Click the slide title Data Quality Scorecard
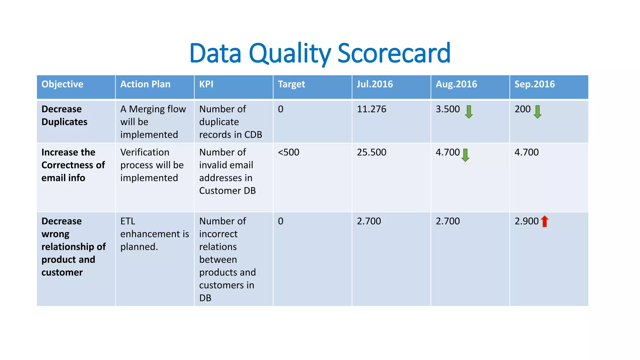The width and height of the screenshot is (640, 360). (x=320, y=53)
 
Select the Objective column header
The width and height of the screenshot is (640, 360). (x=62, y=84)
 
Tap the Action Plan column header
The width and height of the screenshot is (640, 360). (x=145, y=84)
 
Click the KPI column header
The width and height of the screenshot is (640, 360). (x=206, y=84)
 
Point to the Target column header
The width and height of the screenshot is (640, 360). (x=291, y=84)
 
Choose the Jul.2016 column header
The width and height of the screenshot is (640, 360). (x=375, y=84)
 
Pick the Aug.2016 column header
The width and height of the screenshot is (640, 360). (x=456, y=84)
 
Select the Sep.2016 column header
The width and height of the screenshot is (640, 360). (x=534, y=84)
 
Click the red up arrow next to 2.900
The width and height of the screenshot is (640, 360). (x=545, y=221)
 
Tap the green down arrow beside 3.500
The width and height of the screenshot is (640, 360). (x=469, y=112)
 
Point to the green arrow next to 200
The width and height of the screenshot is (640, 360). (x=537, y=112)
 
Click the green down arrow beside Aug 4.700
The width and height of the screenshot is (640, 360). (x=465, y=155)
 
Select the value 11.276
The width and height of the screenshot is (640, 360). (x=371, y=109)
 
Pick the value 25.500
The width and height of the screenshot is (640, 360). (x=371, y=152)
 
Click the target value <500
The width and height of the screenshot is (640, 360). (x=288, y=152)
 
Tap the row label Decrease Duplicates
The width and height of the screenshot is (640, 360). (x=64, y=115)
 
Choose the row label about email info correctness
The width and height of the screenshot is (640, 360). (x=73, y=165)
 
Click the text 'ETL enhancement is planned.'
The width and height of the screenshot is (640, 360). (x=154, y=234)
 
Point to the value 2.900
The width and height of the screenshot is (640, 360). (x=527, y=221)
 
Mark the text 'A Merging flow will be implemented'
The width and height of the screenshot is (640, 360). (x=153, y=122)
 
